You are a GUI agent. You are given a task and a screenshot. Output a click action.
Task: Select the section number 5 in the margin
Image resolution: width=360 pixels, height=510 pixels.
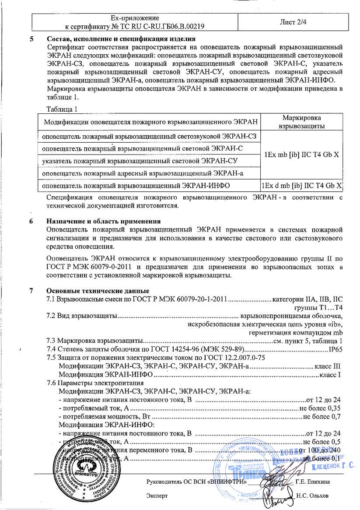[x=31, y=39]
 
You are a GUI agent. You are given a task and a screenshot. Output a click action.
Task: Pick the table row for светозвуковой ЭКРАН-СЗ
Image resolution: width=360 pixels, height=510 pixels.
[x=149, y=136]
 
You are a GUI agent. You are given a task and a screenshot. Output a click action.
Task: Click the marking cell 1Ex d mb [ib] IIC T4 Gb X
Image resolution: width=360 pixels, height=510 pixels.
[x=301, y=186]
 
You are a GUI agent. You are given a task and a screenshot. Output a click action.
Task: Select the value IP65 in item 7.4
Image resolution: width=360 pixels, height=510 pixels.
[x=335, y=349]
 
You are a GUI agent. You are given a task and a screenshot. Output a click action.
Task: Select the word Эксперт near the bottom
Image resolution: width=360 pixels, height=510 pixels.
[x=157, y=496]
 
